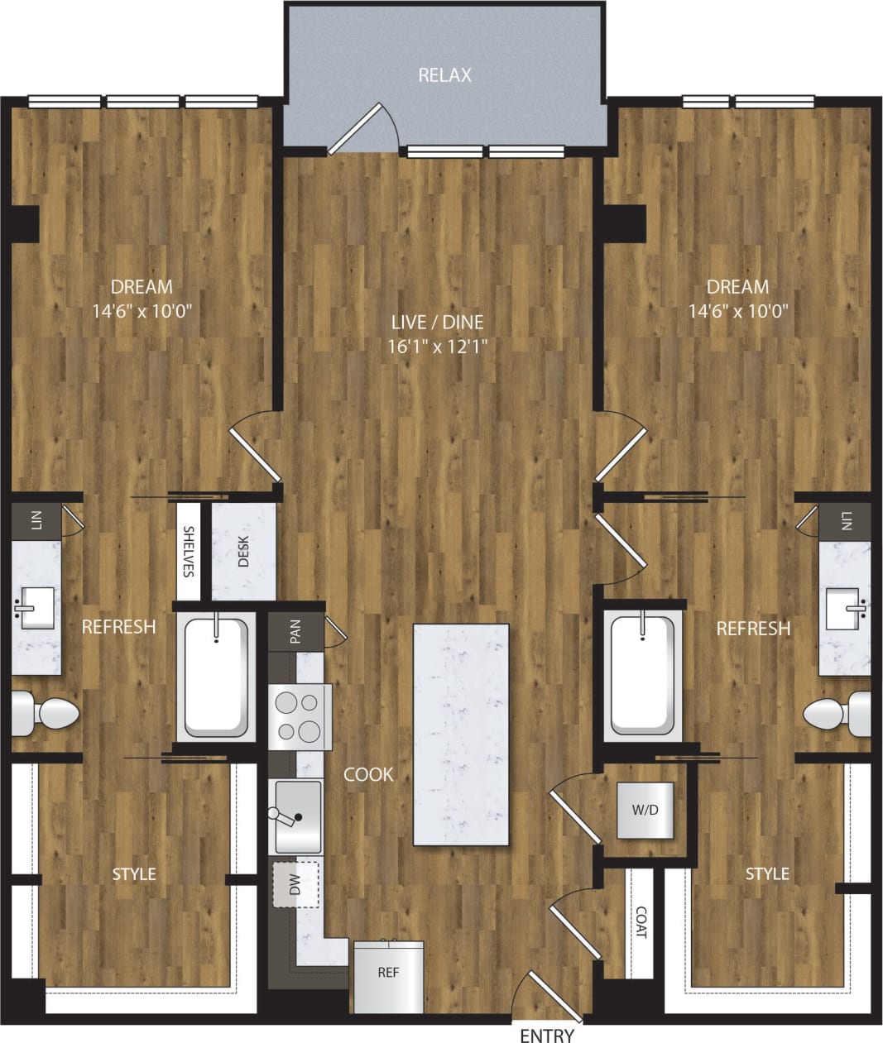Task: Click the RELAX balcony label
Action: click(x=444, y=75)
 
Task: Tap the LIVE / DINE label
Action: click(x=436, y=322)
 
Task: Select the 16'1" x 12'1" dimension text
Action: click(x=436, y=346)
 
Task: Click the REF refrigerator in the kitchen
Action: click(x=388, y=975)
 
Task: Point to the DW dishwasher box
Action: click(x=295, y=884)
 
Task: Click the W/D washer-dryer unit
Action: click(x=645, y=810)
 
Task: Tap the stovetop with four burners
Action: click(x=299, y=716)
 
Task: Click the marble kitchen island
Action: click(x=461, y=734)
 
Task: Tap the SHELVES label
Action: click(x=189, y=551)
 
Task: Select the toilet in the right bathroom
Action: click(x=837, y=712)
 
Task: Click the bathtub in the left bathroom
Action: click(x=216, y=678)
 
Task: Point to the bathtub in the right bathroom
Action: click(x=642, y=675)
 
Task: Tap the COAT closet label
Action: click(x=641, y=922)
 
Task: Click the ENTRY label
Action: click(x=546, y=1035)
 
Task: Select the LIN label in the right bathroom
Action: click(x=845, y=520)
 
